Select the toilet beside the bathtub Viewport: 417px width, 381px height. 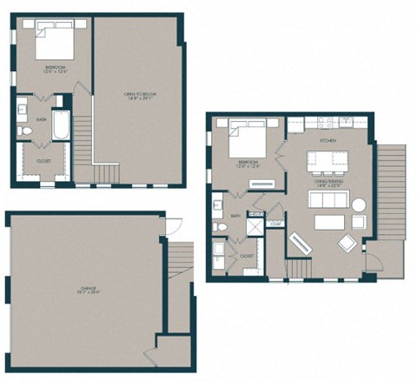click(x=26, y=131)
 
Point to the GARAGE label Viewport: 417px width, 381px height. click(x=84, y=292)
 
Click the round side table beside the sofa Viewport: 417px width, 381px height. click(x=359, y=204)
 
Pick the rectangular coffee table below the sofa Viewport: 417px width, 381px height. click(x=329, y=222)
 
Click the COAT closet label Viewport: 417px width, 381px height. click(x=275, y=224)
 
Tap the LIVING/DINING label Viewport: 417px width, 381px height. click(x=332, y=182)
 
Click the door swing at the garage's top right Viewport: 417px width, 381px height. click(x=174, y=224)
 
